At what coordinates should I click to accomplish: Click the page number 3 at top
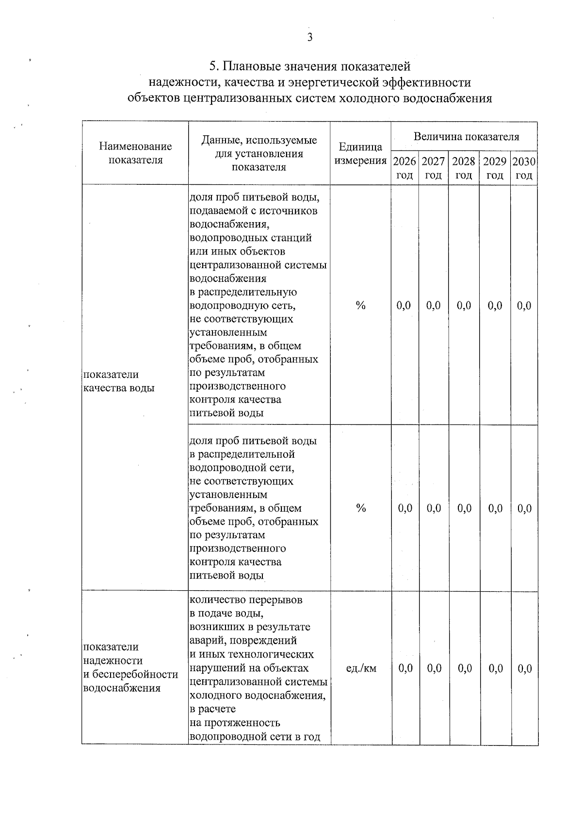309,38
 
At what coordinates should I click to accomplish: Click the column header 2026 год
404,168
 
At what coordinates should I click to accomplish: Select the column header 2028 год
464,168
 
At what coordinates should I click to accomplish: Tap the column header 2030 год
524,168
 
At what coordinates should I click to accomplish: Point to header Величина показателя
466,137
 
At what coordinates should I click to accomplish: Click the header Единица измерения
360,153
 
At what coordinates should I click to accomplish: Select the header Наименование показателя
135,153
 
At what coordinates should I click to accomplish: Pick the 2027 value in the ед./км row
435,669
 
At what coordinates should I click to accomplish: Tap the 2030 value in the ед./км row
525,669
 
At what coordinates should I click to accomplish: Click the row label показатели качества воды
119,381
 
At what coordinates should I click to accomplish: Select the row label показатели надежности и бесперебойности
130,667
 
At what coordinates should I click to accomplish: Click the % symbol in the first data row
360,306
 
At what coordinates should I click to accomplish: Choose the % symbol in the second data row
360,508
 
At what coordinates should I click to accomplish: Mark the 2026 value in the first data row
404,306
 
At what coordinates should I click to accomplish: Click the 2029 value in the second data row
495,508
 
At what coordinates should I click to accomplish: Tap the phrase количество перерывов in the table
245,600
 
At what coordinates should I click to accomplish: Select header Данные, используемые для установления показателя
259,153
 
